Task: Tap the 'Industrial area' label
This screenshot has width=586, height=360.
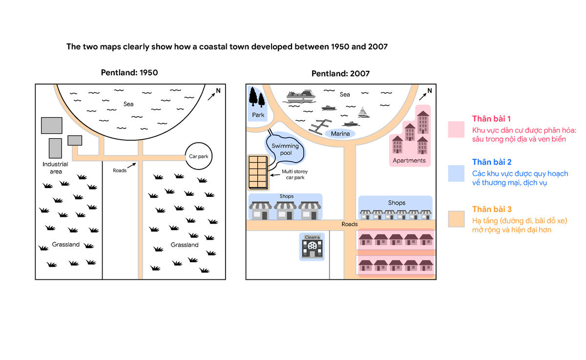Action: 56,168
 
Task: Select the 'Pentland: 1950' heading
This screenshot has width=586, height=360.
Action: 129,72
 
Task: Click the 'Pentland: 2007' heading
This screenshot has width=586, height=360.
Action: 341,74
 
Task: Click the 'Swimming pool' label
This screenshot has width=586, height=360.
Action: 285,149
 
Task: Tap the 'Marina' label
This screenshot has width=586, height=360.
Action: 340,134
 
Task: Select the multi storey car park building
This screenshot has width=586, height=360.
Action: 258,172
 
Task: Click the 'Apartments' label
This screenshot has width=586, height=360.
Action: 409,160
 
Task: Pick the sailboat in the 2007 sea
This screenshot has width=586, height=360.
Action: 363,112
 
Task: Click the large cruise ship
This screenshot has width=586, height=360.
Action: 301,96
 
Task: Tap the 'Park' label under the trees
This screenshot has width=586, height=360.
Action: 258,115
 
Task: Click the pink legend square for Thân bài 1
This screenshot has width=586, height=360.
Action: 456,129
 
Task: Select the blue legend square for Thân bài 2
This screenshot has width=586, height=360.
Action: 456,173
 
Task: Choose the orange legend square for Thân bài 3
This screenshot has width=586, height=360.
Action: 456,219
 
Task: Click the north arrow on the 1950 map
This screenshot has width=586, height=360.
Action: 211,97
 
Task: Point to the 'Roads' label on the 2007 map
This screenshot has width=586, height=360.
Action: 350,224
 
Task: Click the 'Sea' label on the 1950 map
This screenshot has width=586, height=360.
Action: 128,104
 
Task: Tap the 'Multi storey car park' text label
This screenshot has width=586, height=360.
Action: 295,174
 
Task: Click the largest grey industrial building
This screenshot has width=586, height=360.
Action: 52,126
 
